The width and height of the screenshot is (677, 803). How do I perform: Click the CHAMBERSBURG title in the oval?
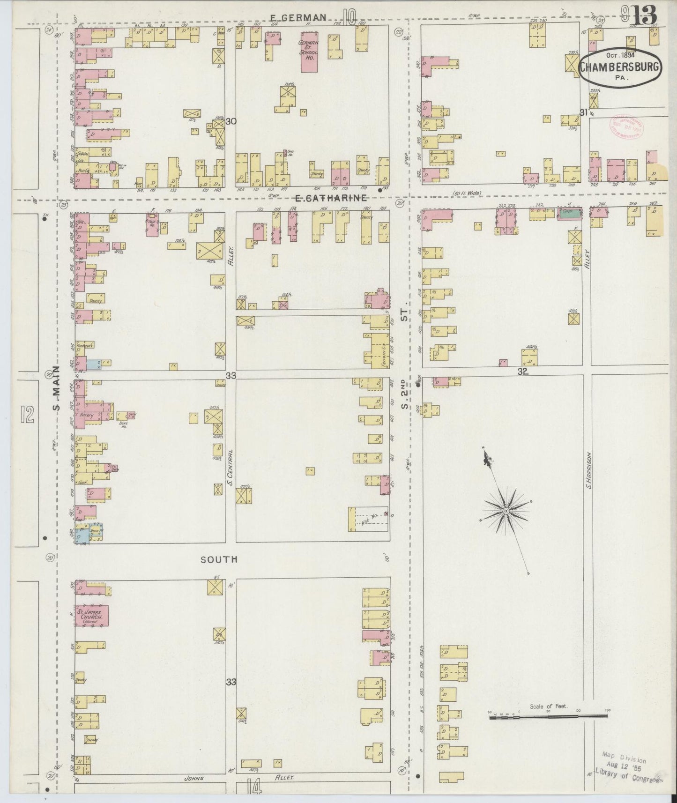[620, 67]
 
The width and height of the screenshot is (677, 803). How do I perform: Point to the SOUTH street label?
[219, 559]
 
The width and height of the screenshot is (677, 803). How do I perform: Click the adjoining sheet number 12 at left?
[27, 414]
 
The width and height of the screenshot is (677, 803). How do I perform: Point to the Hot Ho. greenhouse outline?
[369, 519]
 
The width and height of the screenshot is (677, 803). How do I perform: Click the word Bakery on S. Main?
[86, 416]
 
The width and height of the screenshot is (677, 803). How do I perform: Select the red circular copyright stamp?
[626, 126]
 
